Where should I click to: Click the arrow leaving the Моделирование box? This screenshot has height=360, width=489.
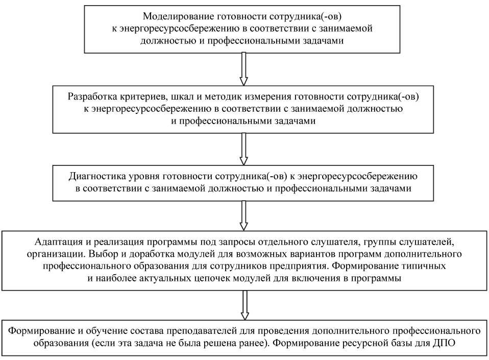click(244, 68)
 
